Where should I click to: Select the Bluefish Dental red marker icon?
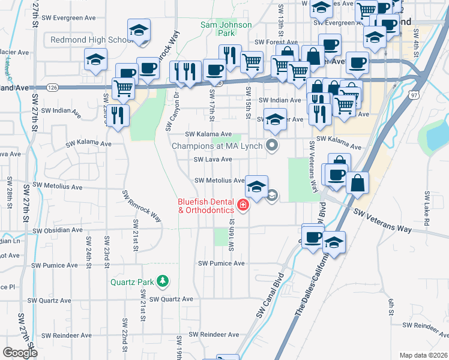point(243,206)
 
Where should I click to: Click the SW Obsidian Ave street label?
point(58,230)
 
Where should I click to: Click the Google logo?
point(20,353)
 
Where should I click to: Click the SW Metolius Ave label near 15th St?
point(220,180)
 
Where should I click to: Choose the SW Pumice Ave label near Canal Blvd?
point(221,263)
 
